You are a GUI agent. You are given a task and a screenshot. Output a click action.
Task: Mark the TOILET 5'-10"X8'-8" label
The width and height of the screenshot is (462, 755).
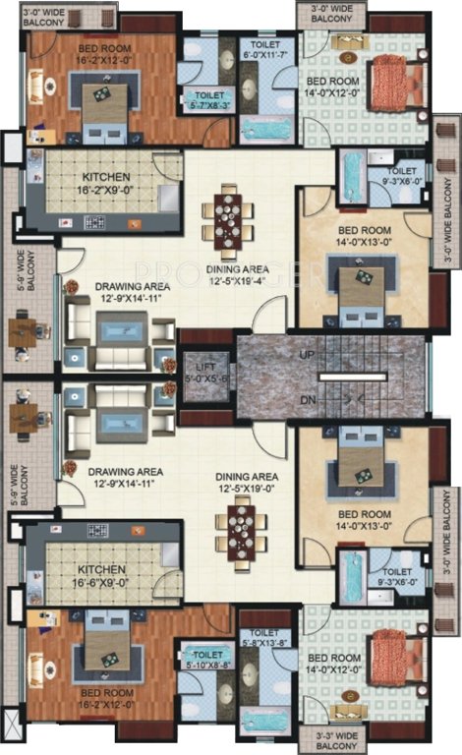(x=206, y=657)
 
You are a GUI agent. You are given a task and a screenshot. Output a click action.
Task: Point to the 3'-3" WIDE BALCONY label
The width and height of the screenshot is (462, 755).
(x=334, y=738)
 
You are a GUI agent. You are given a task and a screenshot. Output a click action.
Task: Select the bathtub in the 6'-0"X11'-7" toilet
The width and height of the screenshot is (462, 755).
(x=260, y=127)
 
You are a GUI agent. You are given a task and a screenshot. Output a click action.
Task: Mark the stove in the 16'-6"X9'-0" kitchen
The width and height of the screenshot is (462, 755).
(x=97, y=531)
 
